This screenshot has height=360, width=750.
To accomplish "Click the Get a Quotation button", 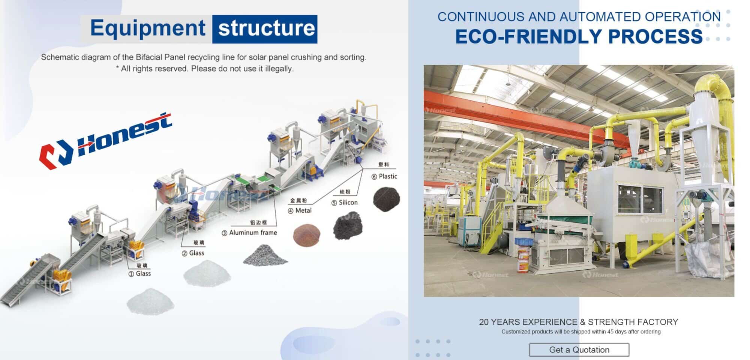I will [579, 350].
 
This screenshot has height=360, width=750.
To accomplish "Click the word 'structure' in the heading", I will [266, 29].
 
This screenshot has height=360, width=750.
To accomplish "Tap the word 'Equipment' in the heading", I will [147, 28].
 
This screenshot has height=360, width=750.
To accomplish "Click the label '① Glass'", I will [140, 274].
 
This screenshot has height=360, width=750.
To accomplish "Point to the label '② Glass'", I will [193, 253].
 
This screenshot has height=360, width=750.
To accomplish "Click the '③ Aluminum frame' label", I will [249, 233].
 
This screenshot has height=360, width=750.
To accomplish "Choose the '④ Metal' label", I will [300, 211].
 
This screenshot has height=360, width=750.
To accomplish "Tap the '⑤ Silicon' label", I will [344, 202].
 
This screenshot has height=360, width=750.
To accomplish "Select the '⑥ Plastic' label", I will [384, 176].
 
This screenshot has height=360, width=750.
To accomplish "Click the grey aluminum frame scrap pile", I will [265, 255].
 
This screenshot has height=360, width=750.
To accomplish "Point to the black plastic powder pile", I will [386, 199].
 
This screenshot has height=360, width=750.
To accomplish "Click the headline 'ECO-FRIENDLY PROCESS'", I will [579, 37].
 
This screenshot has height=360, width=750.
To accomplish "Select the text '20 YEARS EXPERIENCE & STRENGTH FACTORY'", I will [578, 322].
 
